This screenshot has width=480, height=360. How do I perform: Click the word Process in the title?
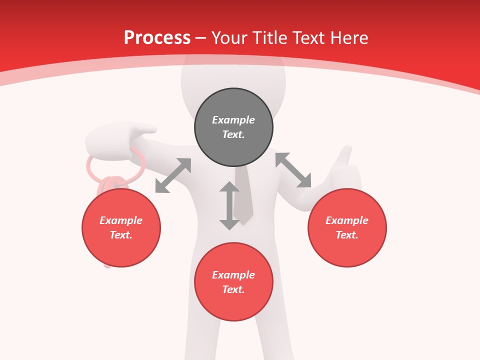(x=157, y=38)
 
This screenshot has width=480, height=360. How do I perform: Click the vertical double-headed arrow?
(x=229, y=205)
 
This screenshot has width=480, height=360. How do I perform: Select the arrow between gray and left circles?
(x=173, y=175)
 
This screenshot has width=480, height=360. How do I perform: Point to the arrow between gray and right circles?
(x=293, y=170)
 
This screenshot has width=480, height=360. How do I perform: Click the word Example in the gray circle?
(x=233, y=120)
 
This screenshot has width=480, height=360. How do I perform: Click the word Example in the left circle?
(x=121, y=220)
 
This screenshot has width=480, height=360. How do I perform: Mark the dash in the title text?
(x=201, y=38)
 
